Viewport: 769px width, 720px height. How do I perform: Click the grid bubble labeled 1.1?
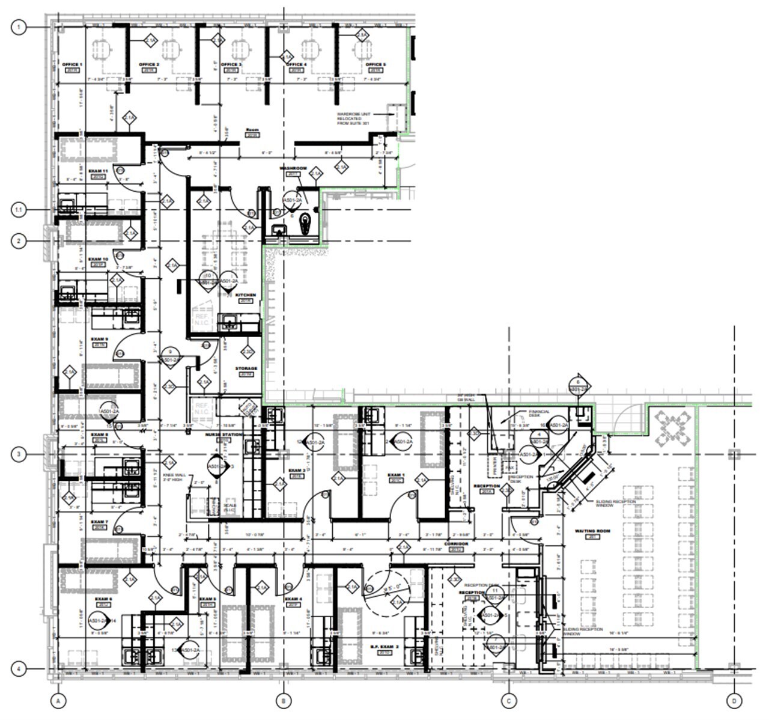[x=20, y=210]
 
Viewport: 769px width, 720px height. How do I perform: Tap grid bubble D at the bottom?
[x=734, y=701]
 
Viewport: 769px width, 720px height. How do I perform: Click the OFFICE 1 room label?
[x=72, y=64]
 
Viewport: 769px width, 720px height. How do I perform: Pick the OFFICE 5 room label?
[x=375, y=64]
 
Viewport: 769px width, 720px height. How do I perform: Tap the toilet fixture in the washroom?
[x=305, y=223]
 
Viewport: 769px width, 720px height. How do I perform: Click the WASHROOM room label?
[x=293, y=168]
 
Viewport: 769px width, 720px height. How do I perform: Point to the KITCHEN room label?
[x=246, y=295]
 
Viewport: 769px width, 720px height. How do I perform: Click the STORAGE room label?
[x=246, y=368]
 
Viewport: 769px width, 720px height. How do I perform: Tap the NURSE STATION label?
[x=224, y=435]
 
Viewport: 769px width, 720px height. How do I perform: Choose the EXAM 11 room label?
[x=98, y=171]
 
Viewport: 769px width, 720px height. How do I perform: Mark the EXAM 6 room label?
[x=103, y=599]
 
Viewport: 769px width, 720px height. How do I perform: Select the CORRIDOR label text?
[x=456, y=543]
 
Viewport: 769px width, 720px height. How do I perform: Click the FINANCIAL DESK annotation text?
[x=538, y=413]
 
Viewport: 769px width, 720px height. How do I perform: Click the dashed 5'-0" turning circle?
[x=387, y=593]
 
